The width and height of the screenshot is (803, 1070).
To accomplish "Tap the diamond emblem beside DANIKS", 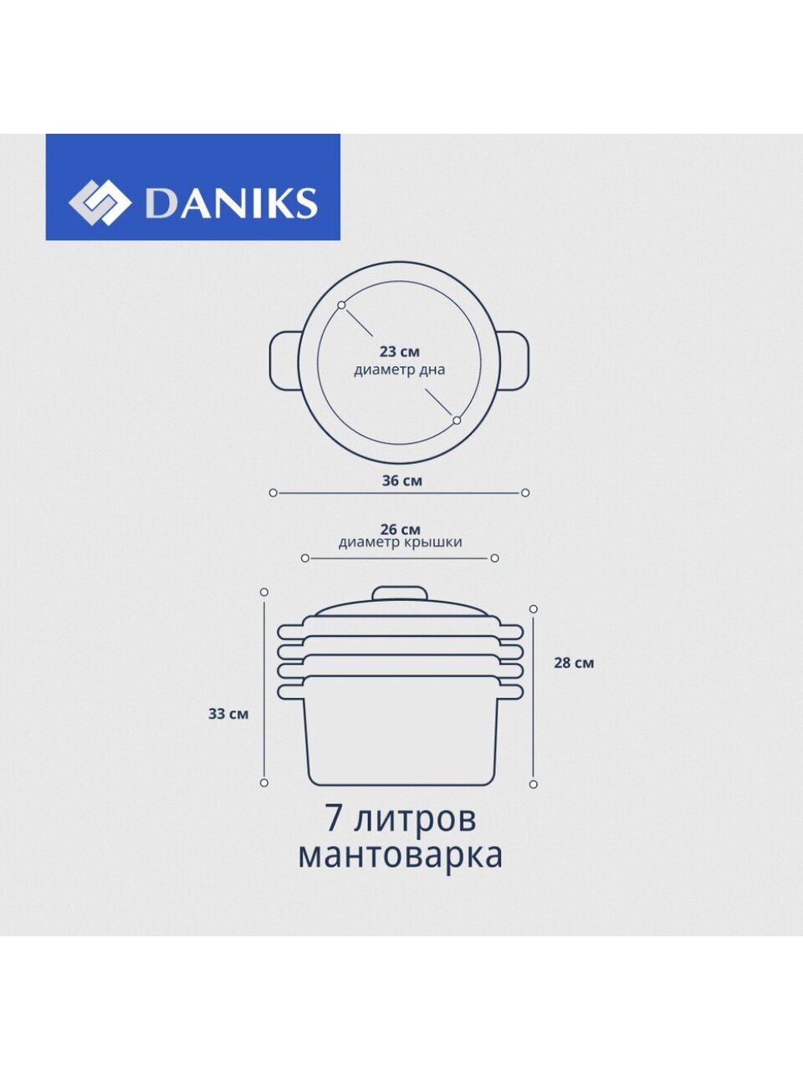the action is [100, 202].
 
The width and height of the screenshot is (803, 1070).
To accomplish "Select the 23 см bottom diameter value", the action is [400, 351].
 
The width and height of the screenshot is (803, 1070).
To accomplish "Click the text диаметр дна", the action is [399, 370].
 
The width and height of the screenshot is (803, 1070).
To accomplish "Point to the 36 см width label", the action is [401, 481].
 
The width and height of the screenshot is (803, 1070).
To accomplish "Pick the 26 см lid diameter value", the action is [400, 529].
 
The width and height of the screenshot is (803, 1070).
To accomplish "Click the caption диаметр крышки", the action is [401, 543].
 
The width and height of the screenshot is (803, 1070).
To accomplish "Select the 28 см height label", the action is [574, 663].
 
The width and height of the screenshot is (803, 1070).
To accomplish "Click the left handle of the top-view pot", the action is [285, 360].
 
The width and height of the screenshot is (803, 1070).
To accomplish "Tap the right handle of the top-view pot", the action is [514, 360].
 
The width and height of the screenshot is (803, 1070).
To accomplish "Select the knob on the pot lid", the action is [400, 594].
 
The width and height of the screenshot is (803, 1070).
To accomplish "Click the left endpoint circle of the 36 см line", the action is [273, 493].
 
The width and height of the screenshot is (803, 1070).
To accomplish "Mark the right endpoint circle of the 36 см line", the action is [525, 493].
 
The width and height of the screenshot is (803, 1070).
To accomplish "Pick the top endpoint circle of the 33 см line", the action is [264, 592].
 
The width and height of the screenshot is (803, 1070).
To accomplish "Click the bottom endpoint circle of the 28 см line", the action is [534, 784].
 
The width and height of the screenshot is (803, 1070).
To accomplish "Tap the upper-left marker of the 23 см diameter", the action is [341, 304].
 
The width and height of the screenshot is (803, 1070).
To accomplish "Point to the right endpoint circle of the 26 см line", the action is [495, 558].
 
